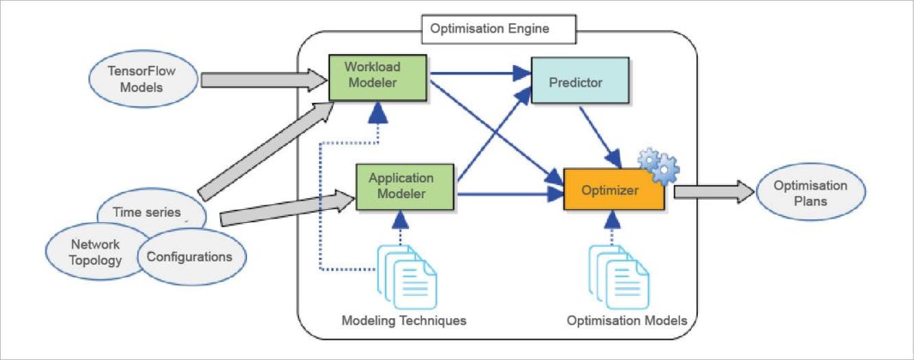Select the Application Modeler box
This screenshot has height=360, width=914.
coord(401,187)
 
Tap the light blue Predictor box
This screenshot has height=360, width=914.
coord(580,83)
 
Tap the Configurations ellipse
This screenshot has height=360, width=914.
coord(189,256)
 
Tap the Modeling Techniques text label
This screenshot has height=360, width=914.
coord(404,321)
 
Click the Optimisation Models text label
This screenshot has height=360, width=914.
coord(627,321)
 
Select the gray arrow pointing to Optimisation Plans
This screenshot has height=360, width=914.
coord(712,191)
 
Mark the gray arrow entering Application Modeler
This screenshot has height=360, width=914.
coord(287,207)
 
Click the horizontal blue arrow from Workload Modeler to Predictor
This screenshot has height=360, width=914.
coord(480,75)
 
